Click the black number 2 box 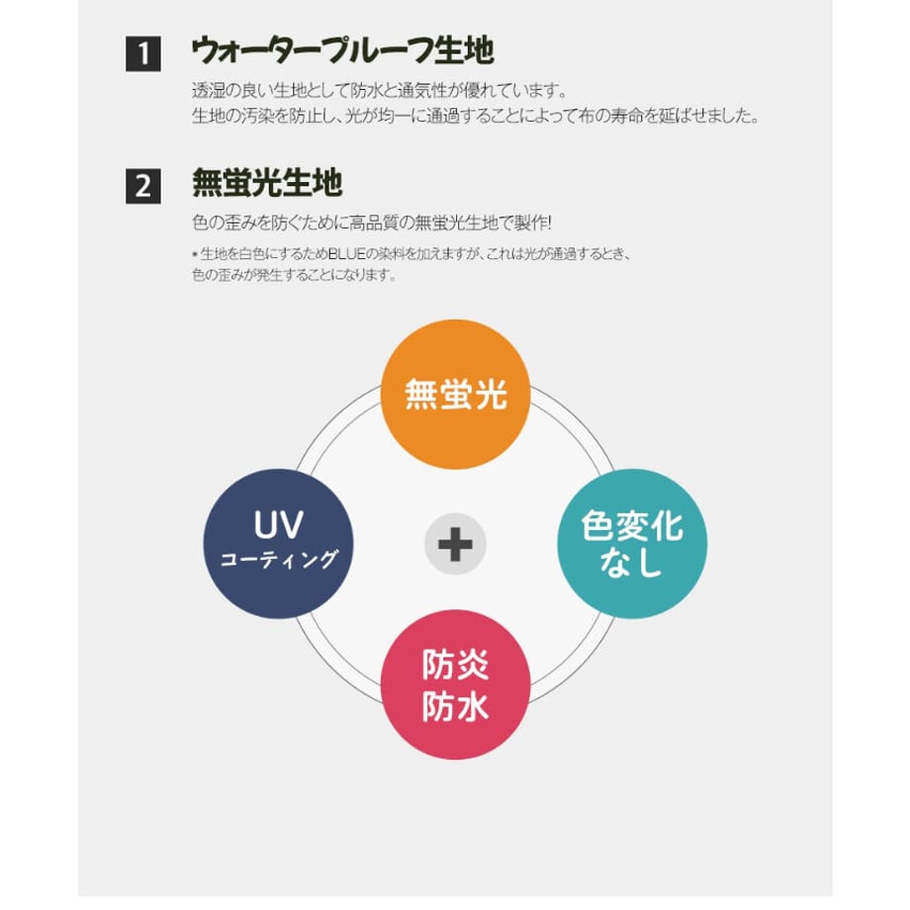pyautogui.click(x=143, y=186)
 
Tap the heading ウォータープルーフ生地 pyautogui.click(x=342, y=50)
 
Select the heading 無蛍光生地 pyautogui.click(x=267, y=183)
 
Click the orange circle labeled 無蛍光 pyautogui.click(x=456, y=394)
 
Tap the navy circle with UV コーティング pyautogui.click(x=278, y=543)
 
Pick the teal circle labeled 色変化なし pyautogui.click(x=633, y=543)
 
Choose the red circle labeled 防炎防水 pyautogui.click(x=456, y=684)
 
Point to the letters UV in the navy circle pyautogui.click(x=278, y=522)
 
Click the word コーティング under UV pyautogui.click(x=278, y=560)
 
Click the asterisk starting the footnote pyautogui.click(x=195, y=254)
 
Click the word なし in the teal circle pyautogui.click(x=632, y=564)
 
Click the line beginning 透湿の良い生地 pyautogui.click(x=379, y=91)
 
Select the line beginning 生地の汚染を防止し pyautogui.click(x=475, y=116)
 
